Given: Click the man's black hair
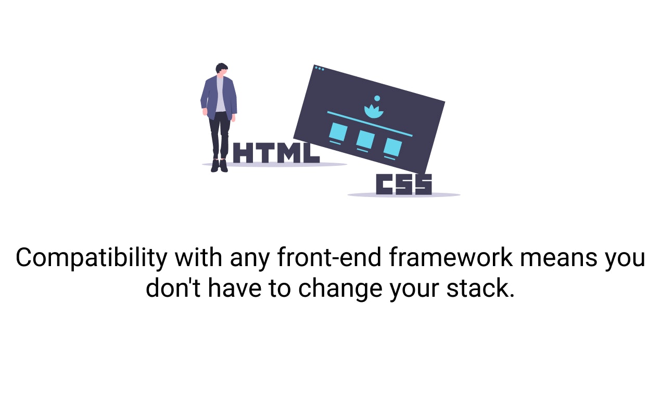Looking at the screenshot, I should pos(222,68).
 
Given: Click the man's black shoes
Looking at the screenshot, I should pos(219,166).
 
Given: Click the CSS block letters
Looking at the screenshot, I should pos(404,185).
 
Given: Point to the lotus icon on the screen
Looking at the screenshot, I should pos(373,111).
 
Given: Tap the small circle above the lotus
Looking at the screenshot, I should pos(377,98).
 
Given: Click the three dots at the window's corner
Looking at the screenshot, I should pos(319,68).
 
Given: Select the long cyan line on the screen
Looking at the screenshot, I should pos(370,124).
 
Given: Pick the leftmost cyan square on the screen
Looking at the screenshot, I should pos(338,132).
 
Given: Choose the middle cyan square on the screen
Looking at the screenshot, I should pos(365,139).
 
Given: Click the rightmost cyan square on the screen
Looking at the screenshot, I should pos(392,147).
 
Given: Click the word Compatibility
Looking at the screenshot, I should pos(91,258).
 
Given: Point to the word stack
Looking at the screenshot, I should pos(480,288).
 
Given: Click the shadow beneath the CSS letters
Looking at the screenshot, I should pos(404,195).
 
